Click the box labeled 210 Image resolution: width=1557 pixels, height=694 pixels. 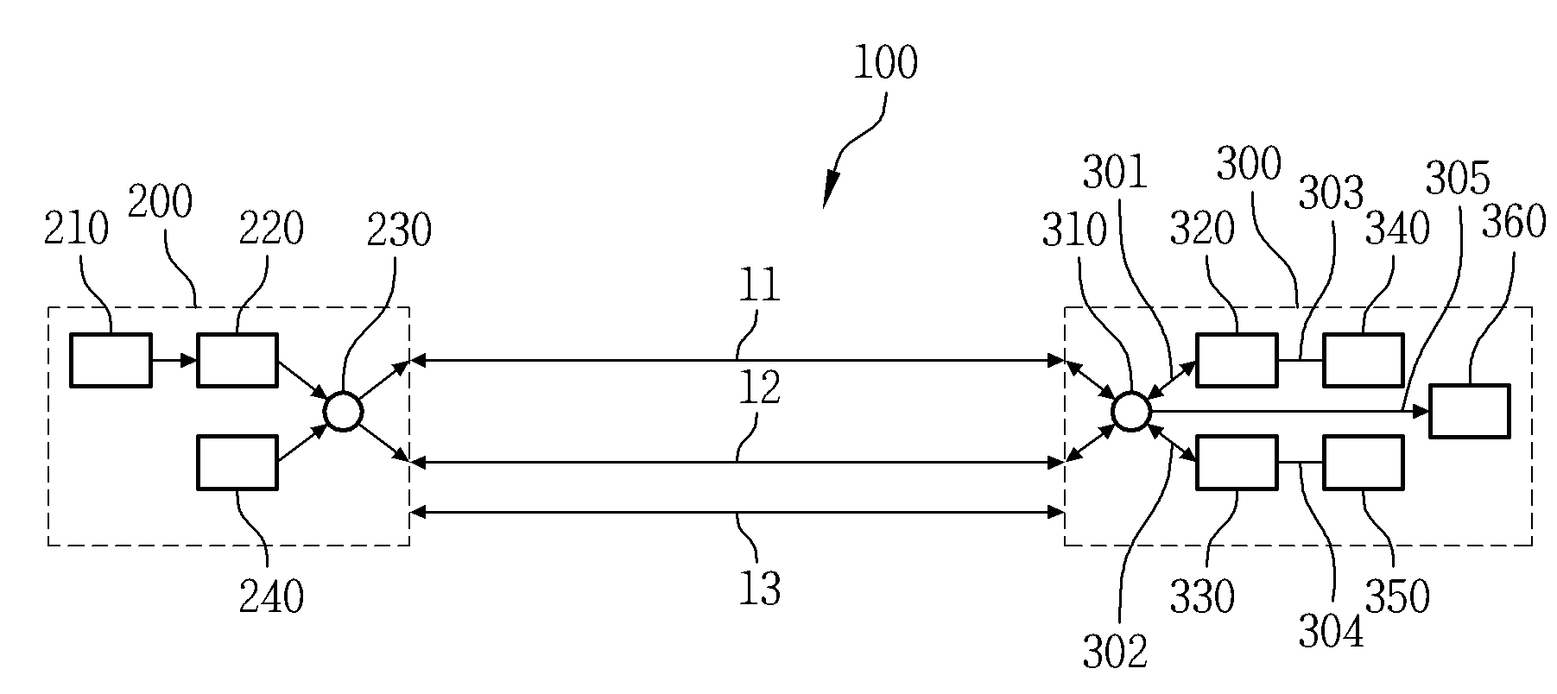coord(111,359)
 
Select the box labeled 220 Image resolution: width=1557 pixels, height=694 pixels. coord(237,359)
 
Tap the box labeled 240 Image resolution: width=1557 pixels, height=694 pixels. coord(237,463)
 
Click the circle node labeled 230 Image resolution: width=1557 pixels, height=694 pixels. coord(343,412)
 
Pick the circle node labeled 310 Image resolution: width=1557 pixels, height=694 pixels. coord(1130,412)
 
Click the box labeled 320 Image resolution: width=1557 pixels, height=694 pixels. coord(1237,359)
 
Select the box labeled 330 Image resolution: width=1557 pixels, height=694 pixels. coord(1237,463)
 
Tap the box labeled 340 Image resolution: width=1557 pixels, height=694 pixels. coord(1364,359)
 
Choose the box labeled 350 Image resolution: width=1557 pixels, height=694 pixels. coord(1364,463)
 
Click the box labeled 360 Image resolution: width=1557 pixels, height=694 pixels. coord(1470,411)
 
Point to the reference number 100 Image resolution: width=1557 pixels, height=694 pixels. coord(885,63)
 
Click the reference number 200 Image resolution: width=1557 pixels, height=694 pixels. coord(160,203)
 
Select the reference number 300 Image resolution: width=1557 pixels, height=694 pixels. coord(1248,163)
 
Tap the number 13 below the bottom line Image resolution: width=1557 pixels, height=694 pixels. coord(760,589)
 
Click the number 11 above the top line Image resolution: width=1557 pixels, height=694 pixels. coord(760,286)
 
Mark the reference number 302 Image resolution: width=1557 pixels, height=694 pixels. coord(1116,652)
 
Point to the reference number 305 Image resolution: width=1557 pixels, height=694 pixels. coord(1458,179)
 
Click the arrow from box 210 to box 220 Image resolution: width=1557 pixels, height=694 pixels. coord(174,359)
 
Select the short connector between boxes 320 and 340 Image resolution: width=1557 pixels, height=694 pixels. coord(1300,359)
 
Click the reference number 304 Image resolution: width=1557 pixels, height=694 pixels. coord(1332,632)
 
